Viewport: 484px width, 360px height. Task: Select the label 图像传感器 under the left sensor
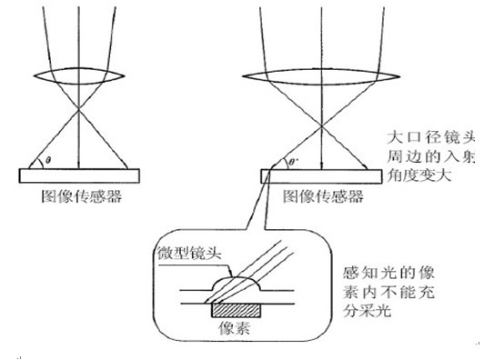(x=82, y=196)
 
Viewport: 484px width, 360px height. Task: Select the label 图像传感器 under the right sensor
(x=323, y=196)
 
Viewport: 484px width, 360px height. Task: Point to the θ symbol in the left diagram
(x=48, y=160)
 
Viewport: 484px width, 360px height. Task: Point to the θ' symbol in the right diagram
(x=291, y=161)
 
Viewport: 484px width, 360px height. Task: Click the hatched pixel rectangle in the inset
(x=236, y=310)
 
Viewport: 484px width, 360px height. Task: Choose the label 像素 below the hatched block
(x=234, y=328)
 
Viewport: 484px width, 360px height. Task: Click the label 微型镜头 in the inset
(x=189, y=254)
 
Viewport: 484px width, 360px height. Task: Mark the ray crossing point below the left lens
(x=79, y=108)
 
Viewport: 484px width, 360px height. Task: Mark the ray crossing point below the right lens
(x=321, y=126)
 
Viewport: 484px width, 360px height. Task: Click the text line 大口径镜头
(x=431, y=137)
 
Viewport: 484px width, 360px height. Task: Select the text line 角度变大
(x=419, y=175)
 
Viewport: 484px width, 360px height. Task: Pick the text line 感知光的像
(x=389, y=273)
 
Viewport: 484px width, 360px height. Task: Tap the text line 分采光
(x=367, y=310)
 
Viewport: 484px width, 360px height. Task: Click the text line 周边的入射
(x=431, y=156)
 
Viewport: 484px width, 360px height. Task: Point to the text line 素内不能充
(x=389, y=292)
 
